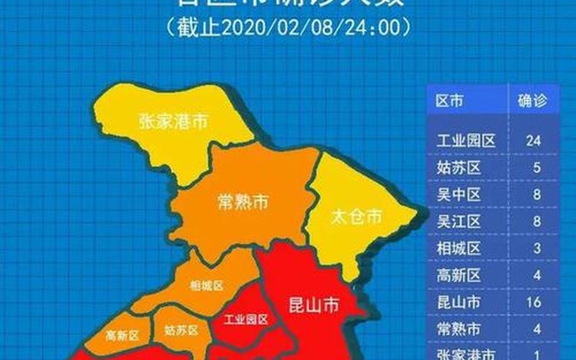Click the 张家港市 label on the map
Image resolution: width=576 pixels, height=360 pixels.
[173, 122]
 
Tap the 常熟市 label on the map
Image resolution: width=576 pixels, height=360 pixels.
[242, 203]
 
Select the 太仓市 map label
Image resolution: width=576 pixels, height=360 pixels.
[357, 215]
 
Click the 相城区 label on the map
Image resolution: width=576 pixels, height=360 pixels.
[207, 285]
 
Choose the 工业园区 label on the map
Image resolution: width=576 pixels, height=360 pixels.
[246, 318]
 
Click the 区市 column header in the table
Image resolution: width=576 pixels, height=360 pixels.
[450, 102]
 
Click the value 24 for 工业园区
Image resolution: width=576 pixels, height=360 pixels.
[533, 140]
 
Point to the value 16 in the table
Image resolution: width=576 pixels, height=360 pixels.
[533, 302]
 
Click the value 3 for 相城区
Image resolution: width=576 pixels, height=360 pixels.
[533, 248]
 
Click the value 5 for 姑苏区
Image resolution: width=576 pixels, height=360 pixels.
[533, 167]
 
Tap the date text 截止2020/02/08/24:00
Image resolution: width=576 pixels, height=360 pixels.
[288, 27]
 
